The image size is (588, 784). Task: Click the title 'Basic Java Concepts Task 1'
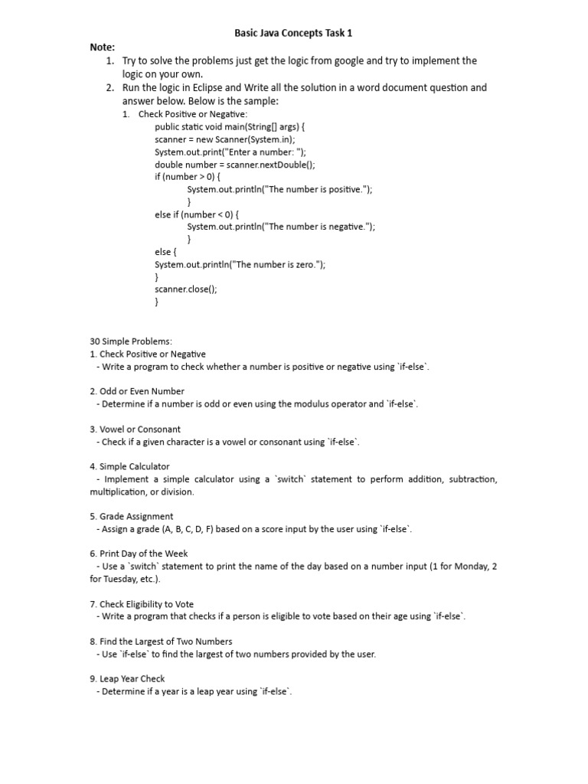pos(293,33)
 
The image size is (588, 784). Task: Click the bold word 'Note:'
pos(103,47)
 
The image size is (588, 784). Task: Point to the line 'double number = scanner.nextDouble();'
pos(234,165)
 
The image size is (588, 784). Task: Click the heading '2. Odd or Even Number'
pos(137,391)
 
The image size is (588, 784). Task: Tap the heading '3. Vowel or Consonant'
pos(136,429)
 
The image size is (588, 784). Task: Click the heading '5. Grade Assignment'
pos(132,516)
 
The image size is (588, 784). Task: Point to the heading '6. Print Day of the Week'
pos(139,554)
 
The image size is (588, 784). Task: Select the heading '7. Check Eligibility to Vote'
pos(142,604)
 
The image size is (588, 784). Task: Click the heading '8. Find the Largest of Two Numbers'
pos(161,642)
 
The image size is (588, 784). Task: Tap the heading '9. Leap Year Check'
pos(127,679)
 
